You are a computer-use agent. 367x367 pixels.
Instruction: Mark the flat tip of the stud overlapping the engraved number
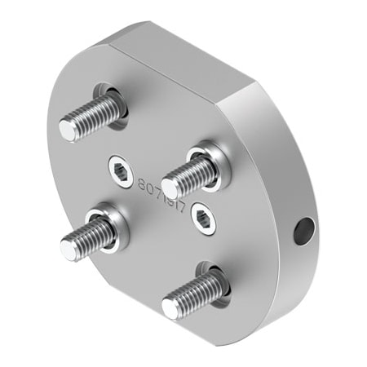pyautogui.click(x=170, y=181)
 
